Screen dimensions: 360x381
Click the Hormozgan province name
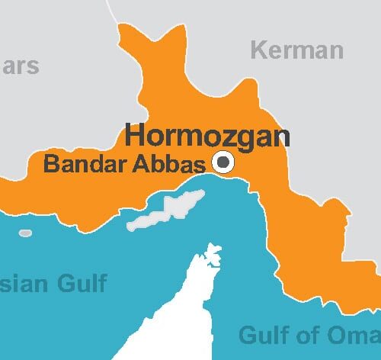click(x=207, y=136)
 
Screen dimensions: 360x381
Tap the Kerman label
click(x=297, y=51)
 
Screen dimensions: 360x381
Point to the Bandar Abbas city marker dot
click(x=224, y=161)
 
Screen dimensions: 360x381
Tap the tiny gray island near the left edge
click(x=25, y=233)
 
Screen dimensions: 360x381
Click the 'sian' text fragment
click(x=24, y=284)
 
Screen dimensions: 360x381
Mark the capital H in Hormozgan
click(x=134, y=136)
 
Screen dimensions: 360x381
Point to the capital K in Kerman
click(x=259, y=51)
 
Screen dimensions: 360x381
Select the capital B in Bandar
click(x=50, y=163)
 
